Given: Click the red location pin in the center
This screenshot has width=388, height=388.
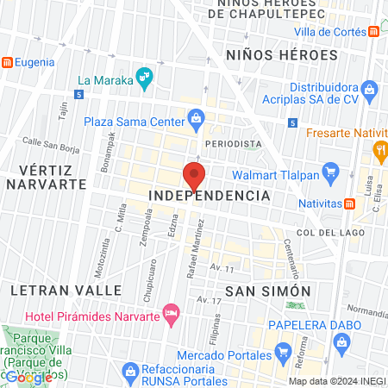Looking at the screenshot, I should [194, 175].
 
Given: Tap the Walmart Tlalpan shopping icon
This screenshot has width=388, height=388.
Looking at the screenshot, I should [329, 171].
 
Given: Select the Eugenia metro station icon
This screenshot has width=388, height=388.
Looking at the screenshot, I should [7, 62].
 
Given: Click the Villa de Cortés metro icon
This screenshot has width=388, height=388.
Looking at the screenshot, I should [373, 31].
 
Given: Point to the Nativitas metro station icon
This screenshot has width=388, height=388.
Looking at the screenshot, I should [350, 204].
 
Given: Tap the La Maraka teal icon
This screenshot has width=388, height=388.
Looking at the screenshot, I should [146, 81].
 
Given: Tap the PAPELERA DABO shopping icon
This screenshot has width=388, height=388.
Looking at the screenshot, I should [342, 342].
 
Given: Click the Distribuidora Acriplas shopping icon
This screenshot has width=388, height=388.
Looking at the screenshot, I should [370, 89].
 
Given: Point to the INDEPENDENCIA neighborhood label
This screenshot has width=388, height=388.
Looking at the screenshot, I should [210, 196].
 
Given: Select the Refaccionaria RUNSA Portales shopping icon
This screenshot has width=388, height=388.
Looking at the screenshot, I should [130, 374].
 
